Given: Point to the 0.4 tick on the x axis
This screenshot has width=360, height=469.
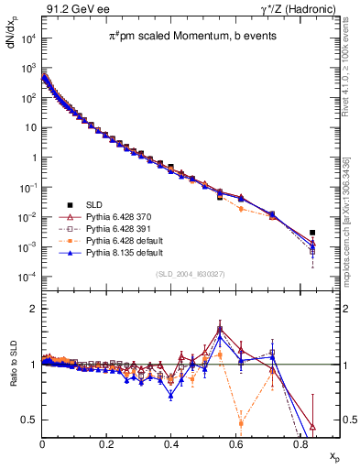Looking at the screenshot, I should (171, 445).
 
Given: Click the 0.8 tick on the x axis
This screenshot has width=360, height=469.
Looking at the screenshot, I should (300, 445).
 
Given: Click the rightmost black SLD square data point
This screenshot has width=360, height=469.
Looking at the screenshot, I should (312, 233).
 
